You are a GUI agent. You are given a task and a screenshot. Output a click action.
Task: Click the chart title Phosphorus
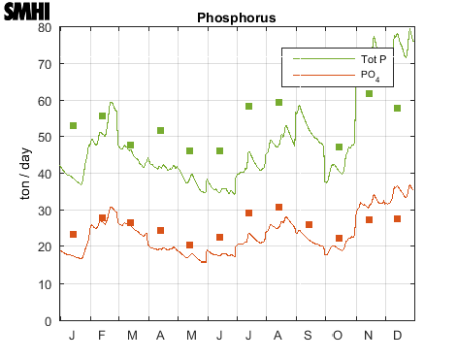[x=236, y=17]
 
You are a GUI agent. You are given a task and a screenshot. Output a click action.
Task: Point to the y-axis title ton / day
[x=27, y=174]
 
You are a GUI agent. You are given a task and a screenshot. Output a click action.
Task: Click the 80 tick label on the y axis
[x=44, y=27]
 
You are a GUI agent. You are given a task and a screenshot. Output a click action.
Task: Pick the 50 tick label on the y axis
[x=44, y=137]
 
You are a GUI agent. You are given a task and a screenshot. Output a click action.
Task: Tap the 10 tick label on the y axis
[x=44, y=284]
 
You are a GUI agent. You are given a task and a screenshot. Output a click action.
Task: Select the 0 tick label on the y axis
[x=48, y=321]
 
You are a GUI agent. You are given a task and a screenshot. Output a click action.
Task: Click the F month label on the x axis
[x=101, y=336]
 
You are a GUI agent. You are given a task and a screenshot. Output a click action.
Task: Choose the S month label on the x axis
[x=309, y=336]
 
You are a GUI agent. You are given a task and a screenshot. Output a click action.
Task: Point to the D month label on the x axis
[x=398, y=336]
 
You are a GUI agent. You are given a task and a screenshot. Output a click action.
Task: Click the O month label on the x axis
[x=339, y=336]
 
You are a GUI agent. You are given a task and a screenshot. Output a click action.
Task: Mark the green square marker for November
[x=369, y=93]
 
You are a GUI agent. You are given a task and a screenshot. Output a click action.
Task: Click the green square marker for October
[x=339, y=147]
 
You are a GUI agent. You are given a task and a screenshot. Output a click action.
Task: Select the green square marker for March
[x=130, y=146]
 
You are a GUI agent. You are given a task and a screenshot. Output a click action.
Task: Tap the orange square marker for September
[x=309, y=224]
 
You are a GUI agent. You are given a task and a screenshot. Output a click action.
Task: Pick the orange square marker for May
[x=190, y=245]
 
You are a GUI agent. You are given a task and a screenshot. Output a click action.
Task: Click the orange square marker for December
[x=398, y=219]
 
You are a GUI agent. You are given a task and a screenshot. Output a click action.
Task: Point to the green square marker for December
[x=398, y=109]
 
